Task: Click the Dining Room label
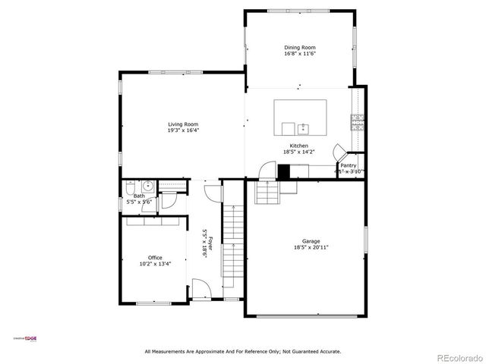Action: pos(298,47)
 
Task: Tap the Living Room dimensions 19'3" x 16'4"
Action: pos(183,130)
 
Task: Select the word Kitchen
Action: pos(298,146)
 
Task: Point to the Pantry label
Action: pos(349,165)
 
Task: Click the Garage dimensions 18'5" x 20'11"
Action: pos(307,247)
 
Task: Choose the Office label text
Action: pos(155,258)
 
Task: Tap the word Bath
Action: pos(139,196)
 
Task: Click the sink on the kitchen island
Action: pos(304,127)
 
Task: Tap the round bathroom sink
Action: pos(147,185)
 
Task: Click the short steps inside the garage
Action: pos(267,194)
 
